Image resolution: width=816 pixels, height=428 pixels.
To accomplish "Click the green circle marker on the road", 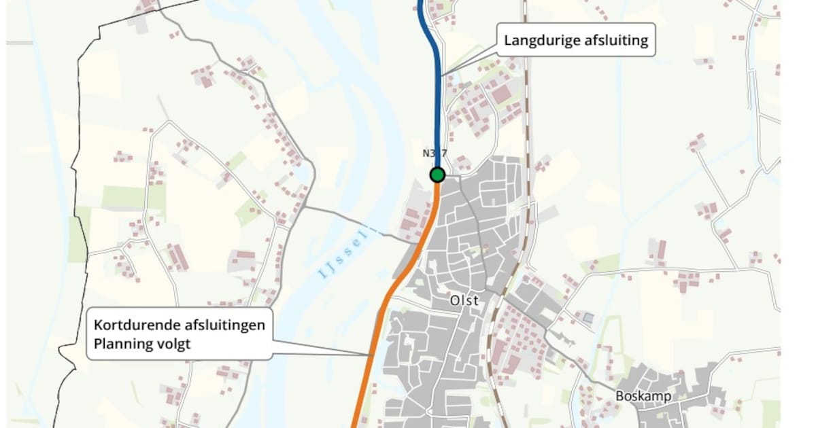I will (437, 175).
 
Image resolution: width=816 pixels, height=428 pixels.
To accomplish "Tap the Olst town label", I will (464, 300).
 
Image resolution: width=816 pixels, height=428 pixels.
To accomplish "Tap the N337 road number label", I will (435, 154).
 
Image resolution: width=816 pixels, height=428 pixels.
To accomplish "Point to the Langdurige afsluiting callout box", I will (577, 41).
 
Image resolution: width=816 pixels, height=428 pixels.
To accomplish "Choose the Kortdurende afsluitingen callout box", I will (180, 334).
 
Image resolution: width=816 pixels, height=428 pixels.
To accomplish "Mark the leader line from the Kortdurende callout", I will (320, 348).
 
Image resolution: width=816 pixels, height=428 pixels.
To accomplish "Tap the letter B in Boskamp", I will (619, 395).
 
